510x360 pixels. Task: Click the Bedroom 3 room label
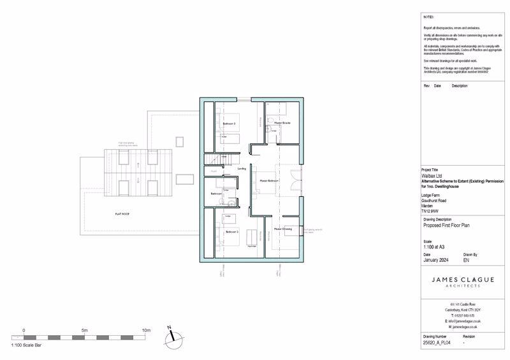229,123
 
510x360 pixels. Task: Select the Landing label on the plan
242,168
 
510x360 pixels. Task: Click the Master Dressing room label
283,228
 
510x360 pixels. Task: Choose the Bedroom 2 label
231,232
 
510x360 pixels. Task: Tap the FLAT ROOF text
122,215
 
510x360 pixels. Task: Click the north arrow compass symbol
170,336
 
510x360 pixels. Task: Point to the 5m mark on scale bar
85,330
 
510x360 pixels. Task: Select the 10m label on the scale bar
146,330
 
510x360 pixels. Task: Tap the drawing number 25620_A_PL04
437,342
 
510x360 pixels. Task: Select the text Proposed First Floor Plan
446,226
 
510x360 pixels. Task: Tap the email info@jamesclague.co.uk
464,321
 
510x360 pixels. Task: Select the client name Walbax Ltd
433,176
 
